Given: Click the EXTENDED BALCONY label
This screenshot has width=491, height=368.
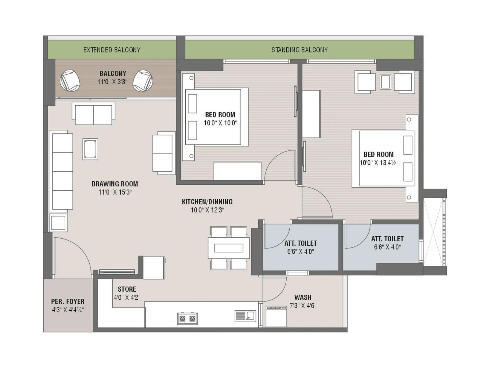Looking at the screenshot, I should click(x=112, y=50).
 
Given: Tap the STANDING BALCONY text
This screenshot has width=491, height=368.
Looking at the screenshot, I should click(x=299, y=50).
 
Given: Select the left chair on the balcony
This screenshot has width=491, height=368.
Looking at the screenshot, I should click(x=70, y=81).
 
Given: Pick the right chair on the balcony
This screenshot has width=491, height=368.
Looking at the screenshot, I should click(x=143, y=81).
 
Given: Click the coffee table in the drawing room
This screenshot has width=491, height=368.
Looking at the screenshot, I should click(x=90, y=149).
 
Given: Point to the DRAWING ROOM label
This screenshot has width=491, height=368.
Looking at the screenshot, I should click(x=115, y=184).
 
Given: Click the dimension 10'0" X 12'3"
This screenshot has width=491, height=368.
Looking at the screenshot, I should click(x=207, y=210).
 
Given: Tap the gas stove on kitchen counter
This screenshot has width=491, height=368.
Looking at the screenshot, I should click(x=187, y=319).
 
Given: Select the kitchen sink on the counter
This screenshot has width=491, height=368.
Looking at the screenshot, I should click(x=245, y=316).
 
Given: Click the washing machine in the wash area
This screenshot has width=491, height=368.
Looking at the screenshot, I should click(x=276, y=316).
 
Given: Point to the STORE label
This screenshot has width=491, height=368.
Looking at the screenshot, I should click(x=127, y=289).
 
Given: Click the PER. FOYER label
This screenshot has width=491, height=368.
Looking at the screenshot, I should click(x=68, y=302).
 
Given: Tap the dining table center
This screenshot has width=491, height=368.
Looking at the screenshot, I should click(x=229, y=248).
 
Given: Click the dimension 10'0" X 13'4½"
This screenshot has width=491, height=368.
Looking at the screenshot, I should click(x=379, y=163).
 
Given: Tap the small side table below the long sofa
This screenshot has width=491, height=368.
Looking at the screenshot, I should click(x=58, y=223).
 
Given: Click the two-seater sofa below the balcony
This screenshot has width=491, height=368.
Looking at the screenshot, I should click(x=94, y=114).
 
